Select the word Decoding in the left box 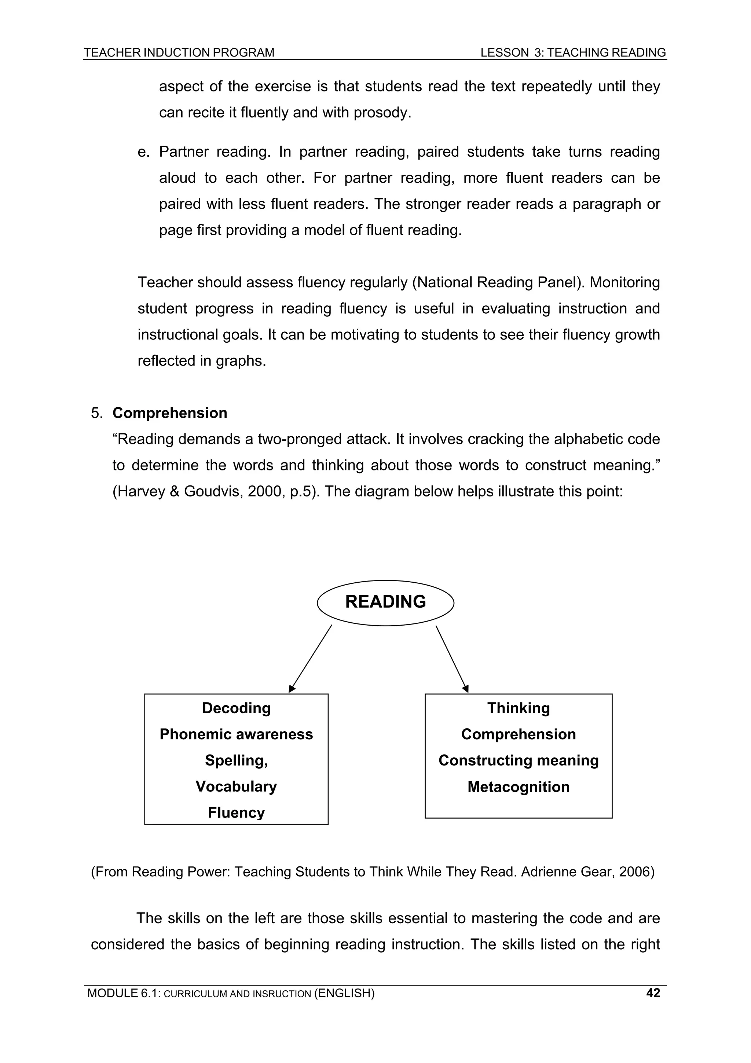(236, 708)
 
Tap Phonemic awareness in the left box (236, 734)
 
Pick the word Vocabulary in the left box (236, 787)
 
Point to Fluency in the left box (236, 812)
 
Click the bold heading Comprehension (170, 413)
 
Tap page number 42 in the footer (652, 993)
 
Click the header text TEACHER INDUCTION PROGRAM (179, 53)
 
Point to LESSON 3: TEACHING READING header (573, 53)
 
